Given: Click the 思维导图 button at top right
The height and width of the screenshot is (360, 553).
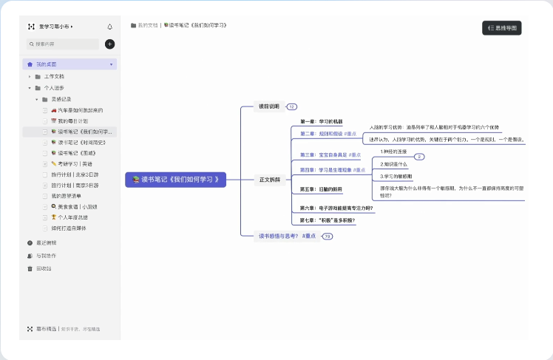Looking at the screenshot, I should click(x=502, y=28).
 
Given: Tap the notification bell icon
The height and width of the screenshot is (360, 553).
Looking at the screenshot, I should click(x=110, y=27).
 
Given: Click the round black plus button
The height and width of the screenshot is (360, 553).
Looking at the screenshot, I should click(x=110, y=44).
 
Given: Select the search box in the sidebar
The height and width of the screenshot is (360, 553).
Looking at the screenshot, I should click(x=63, y=44).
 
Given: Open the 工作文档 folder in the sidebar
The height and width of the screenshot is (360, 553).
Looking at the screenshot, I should click(x=54, y=76).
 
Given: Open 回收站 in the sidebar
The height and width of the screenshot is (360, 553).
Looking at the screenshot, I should click(x=44, y=268).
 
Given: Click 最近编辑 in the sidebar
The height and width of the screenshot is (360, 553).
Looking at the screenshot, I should click(x=46, y=242).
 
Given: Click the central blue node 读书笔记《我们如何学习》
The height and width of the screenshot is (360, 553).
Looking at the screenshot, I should click(x=175, y=180).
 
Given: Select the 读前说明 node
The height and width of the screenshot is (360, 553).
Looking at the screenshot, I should click(x=269, y=106).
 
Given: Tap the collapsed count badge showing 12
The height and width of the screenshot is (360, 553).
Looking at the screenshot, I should click(x=292, y=107).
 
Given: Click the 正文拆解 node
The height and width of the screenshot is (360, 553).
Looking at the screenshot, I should click(x=269, y=180).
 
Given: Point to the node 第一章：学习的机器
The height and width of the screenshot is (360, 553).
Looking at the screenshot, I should click(x=322, y=121).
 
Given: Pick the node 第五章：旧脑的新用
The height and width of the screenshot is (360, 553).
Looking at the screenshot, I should click(x=322, y=189).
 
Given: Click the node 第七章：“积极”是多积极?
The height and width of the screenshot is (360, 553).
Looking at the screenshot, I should click(x=328, y=221).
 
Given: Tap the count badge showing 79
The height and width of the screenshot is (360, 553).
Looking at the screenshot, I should click(x=328, y=237).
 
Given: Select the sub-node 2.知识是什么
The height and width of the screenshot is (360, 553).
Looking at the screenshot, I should click(x=394, y=164).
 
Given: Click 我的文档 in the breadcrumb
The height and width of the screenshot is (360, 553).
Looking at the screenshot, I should click(x=147, y=25).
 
